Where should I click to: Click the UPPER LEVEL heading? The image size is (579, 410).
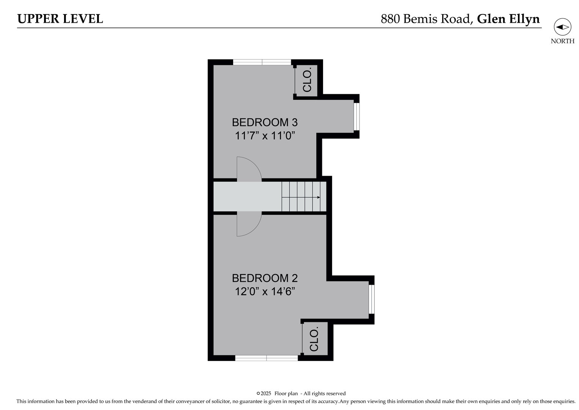(60, 19)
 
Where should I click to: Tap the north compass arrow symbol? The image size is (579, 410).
(562, 27)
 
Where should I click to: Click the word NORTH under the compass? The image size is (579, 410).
(562, 41)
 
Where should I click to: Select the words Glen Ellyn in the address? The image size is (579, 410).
(508, 19)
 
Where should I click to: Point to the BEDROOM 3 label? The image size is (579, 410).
(265, 122)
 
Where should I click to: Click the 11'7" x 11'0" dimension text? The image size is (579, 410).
(265, 136)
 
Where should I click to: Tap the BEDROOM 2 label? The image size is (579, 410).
(265, 278)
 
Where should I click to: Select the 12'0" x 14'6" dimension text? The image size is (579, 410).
(265, 292)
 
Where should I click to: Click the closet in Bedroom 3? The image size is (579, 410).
(306, 80)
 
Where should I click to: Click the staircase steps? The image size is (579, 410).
(303, 197)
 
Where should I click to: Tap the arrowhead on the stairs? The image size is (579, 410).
(319, 197)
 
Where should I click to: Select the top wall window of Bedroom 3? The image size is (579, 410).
(262, 62)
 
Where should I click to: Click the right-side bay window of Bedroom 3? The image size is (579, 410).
(356, 116)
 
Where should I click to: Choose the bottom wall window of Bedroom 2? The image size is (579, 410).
(267, 358)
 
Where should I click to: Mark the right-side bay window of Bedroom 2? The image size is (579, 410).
(372, 300)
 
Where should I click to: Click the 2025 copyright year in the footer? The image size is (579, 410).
(266, 394)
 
